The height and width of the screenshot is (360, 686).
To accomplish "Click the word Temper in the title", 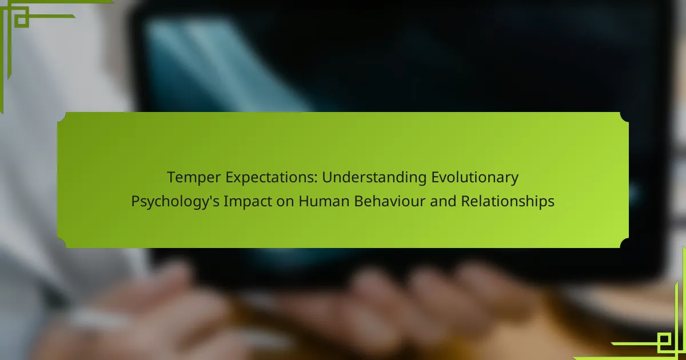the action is pos(194,178).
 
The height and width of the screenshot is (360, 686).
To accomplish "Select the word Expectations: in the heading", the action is pos(272,178).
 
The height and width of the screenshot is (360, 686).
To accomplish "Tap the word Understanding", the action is pos(374,178).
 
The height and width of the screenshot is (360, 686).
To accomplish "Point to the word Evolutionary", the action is pos(474,178).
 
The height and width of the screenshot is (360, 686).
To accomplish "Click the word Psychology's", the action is pos(175,202).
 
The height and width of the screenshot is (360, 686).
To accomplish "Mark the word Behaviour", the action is pos(389,201).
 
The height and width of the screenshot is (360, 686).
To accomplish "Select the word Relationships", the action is pos(508,201).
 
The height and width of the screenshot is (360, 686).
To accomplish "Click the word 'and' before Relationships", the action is pos(443,201).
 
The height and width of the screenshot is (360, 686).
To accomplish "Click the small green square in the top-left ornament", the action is pos(22,20).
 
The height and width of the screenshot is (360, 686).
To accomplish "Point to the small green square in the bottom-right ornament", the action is pos(664,340).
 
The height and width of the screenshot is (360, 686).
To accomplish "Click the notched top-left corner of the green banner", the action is pos(62,117).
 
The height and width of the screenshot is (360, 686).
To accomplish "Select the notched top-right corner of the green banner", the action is pos(624,117).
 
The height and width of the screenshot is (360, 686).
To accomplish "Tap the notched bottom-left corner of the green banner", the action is pos(62,243).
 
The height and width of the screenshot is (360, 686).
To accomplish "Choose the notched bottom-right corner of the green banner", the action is pos(624,243).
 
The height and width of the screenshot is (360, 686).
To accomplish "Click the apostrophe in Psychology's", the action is pos(210,198).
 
